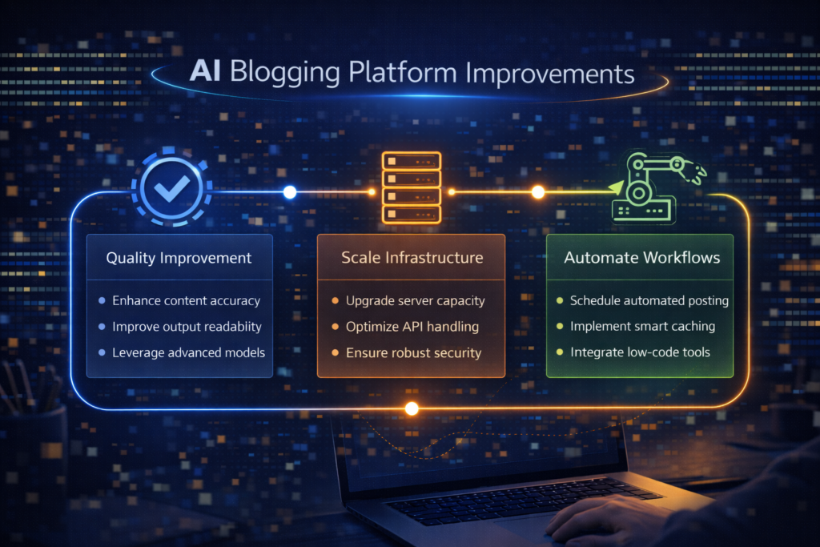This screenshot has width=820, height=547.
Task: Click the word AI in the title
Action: click(205, 70)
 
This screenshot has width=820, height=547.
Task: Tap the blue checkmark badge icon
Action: click(171, 188)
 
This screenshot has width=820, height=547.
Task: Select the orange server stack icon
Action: click(412, 187)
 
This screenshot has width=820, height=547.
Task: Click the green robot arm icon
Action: click(657, 187)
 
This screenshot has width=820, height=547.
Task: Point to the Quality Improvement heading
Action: click(179, 258)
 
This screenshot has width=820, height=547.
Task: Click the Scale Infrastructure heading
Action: click(412, 257)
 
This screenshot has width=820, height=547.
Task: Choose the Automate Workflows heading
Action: click(641, 257)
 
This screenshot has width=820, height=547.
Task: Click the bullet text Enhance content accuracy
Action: click(186, 300)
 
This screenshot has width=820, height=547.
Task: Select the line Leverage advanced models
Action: click(188, 352)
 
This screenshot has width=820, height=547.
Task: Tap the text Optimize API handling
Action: click(412, 327)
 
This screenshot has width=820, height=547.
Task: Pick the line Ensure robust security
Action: click(413, 353)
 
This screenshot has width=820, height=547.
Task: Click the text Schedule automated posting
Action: click(649, 300)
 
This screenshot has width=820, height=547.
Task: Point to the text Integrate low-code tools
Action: click(640, 352)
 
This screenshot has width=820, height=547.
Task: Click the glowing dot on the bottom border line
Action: click(412, 408)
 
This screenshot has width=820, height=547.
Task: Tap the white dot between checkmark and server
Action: click(290, 192)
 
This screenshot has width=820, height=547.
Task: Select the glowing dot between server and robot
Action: click(537, 192)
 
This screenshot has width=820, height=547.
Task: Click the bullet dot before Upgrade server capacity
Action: click(336, 300)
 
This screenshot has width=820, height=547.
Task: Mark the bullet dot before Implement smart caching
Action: click(560, 326)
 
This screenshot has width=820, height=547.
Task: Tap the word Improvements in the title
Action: click(549, 73)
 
